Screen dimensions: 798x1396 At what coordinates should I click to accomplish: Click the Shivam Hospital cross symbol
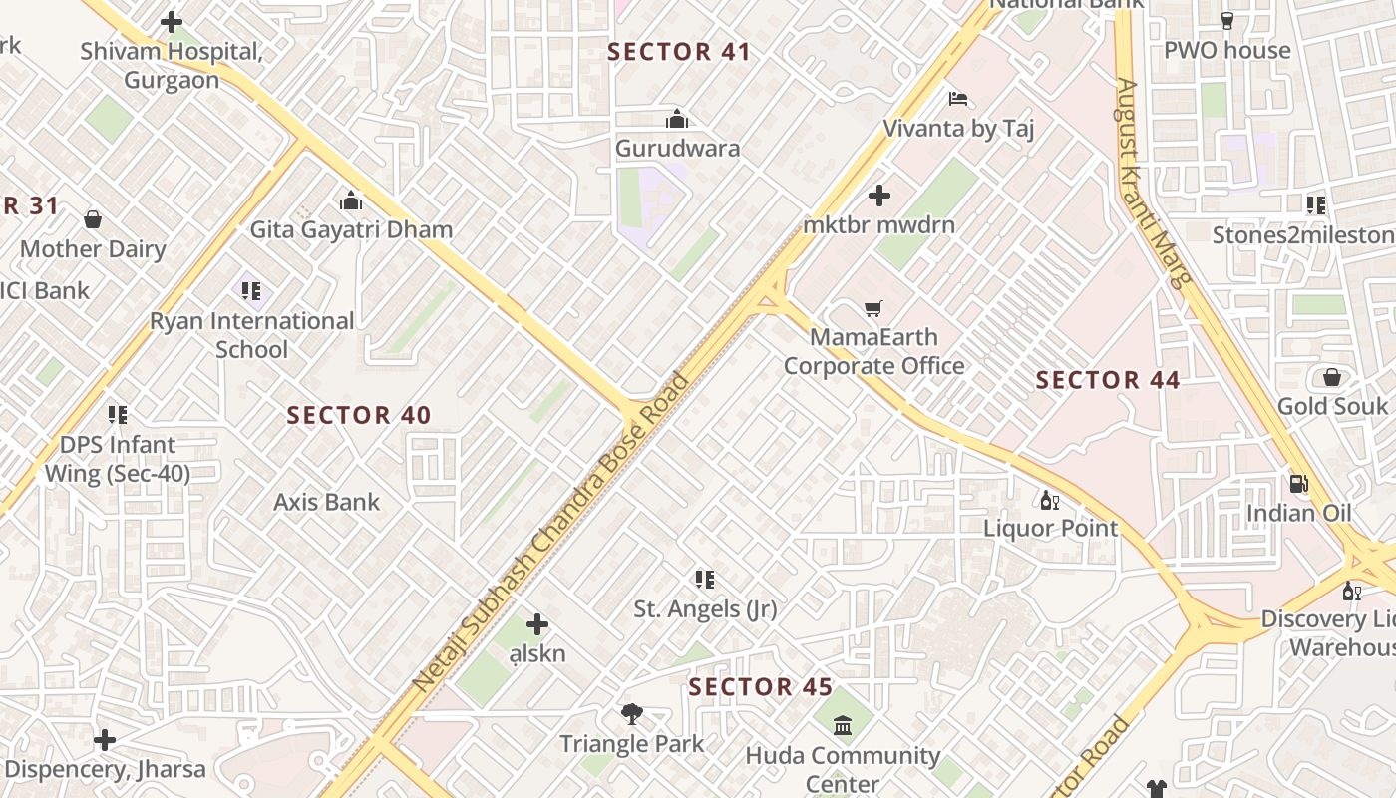pyautogui.click(x=172, y=21)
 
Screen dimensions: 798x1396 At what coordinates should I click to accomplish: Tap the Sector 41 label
pyautogui.click(x=678, y=52)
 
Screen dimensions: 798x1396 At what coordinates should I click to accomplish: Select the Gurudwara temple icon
pyautogui.click(x=677, y=120)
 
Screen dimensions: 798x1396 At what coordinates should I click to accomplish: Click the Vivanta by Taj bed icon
pyautogui.click(x=958, y=99)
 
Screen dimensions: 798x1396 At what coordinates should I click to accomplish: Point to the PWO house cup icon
pyautogui.click(x=1227, y=21)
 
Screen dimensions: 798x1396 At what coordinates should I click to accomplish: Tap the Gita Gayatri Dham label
pyautogui.click(x=351, y=229)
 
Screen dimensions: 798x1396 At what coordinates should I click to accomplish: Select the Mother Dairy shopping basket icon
pyautogui.click(x=93, y=219)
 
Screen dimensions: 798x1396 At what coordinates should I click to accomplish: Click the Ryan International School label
pyautogui.click(x=252, y=335)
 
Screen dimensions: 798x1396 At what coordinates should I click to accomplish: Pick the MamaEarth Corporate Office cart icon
pyautogui.click(x=874, y=309)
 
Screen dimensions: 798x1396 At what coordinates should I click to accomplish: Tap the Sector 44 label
pyautogui.click(x=1108, y=380)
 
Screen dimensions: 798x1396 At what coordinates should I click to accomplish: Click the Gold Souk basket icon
pyautogui.click(x=1331, y=377)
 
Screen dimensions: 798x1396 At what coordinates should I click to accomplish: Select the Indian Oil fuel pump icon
pyautogui.click(x=1299, y=484)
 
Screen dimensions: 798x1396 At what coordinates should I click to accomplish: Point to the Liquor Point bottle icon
pyautogui.click(x=1050, y=500)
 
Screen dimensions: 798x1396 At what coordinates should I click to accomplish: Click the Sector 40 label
pyautogui.click(x=359, y=415)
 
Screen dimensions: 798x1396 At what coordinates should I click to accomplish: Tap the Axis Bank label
pyautogui.click(x=327, y=502)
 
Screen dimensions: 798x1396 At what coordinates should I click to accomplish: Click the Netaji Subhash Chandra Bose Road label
pyautogui.click(x=550, y=533)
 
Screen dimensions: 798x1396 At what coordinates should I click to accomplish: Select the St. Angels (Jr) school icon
pyautogui.click(x=705, y=580)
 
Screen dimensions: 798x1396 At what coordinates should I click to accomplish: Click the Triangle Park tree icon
pyautogui.click(x=631, y=714)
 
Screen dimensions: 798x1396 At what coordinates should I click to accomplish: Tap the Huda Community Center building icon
pyautogui.click(x=843, y=725)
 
